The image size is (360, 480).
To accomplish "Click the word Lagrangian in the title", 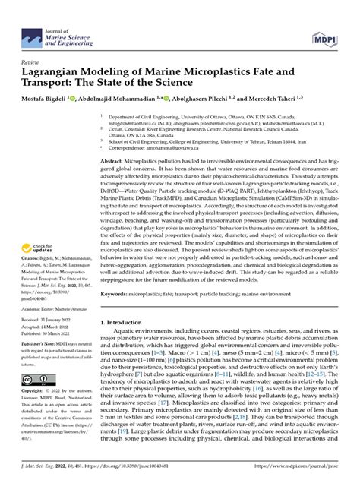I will click(58, 70).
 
